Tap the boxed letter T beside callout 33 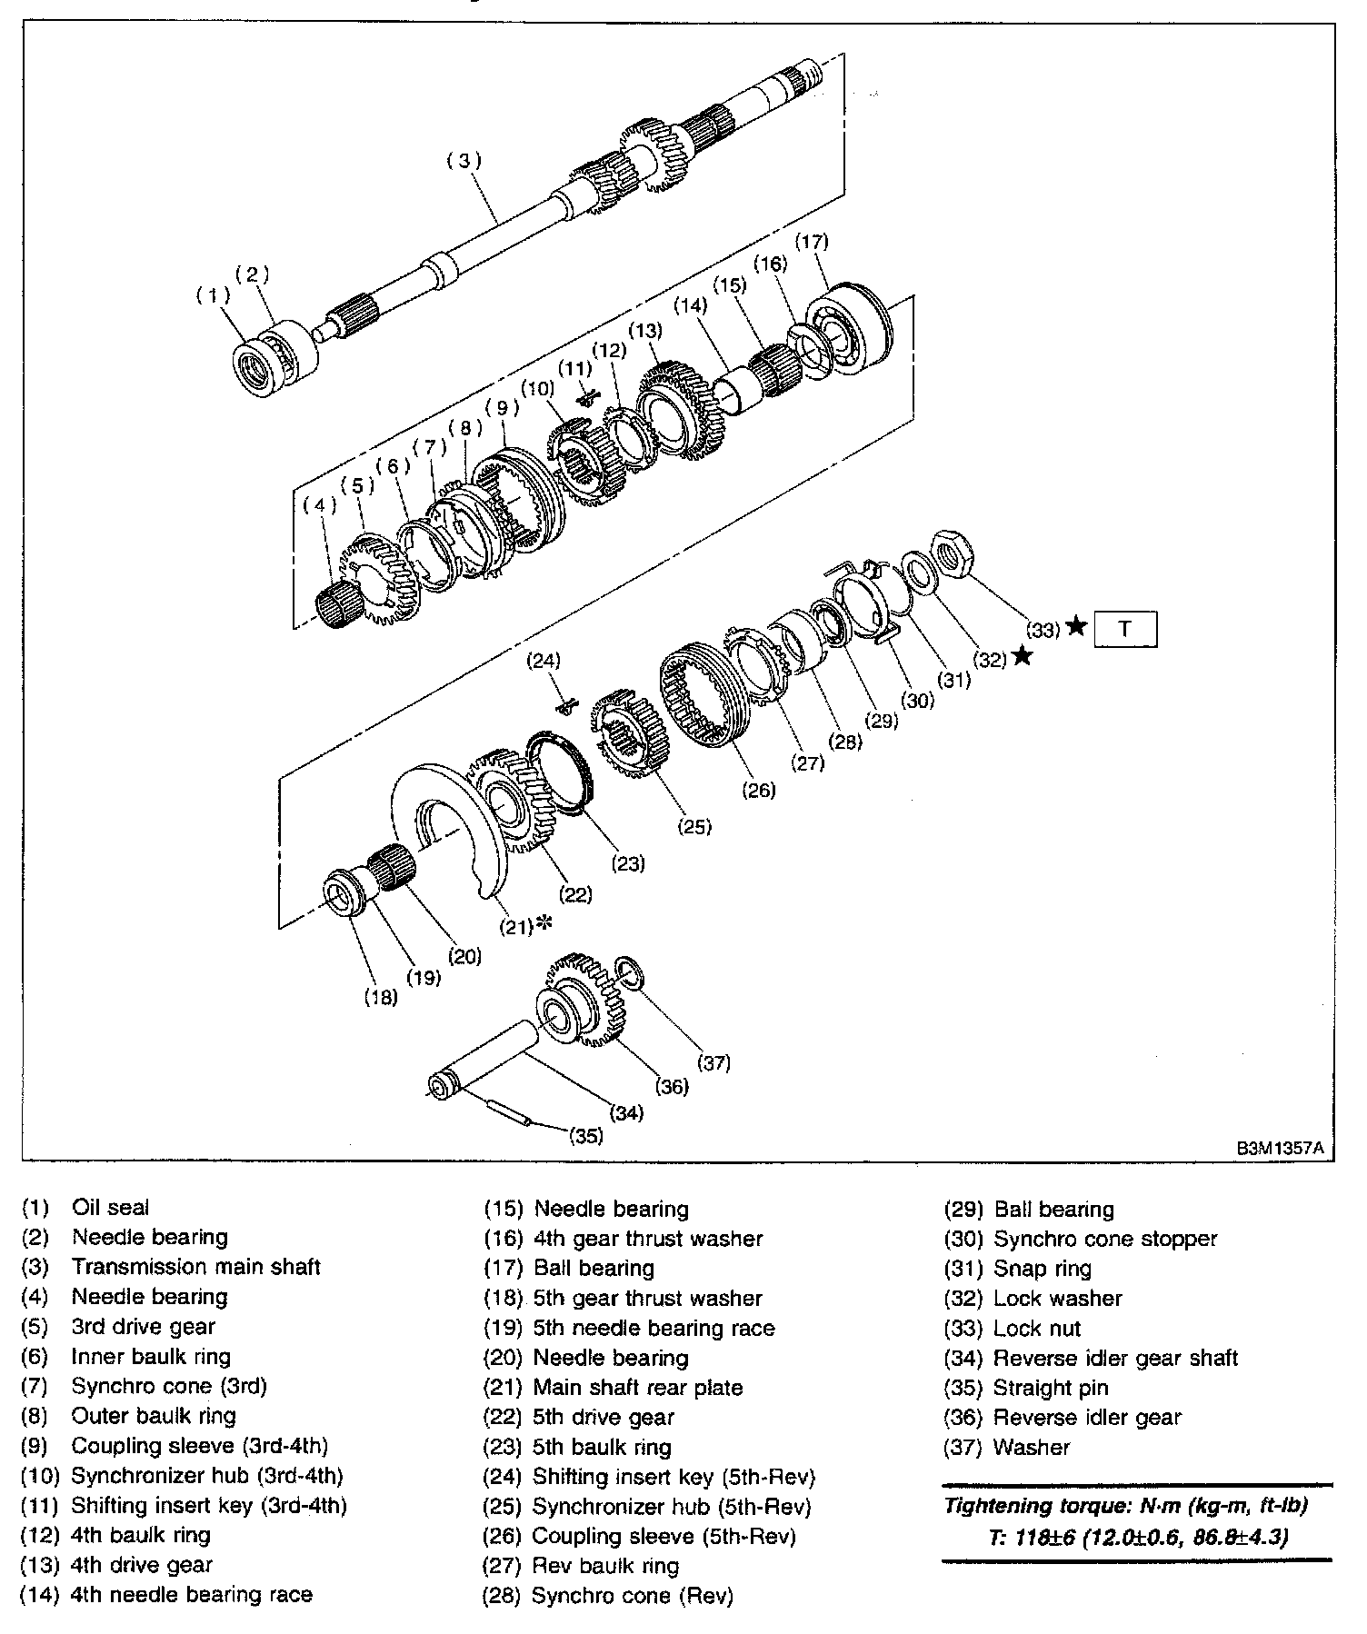point(1125,629)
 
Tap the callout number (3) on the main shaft point(464,161)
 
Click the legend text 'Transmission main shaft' point(195,1267)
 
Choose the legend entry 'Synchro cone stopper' point(1104,1239)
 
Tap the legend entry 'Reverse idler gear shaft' point(1115,1359)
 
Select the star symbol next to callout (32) point(1022,655)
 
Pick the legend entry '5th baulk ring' point(602,1448)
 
